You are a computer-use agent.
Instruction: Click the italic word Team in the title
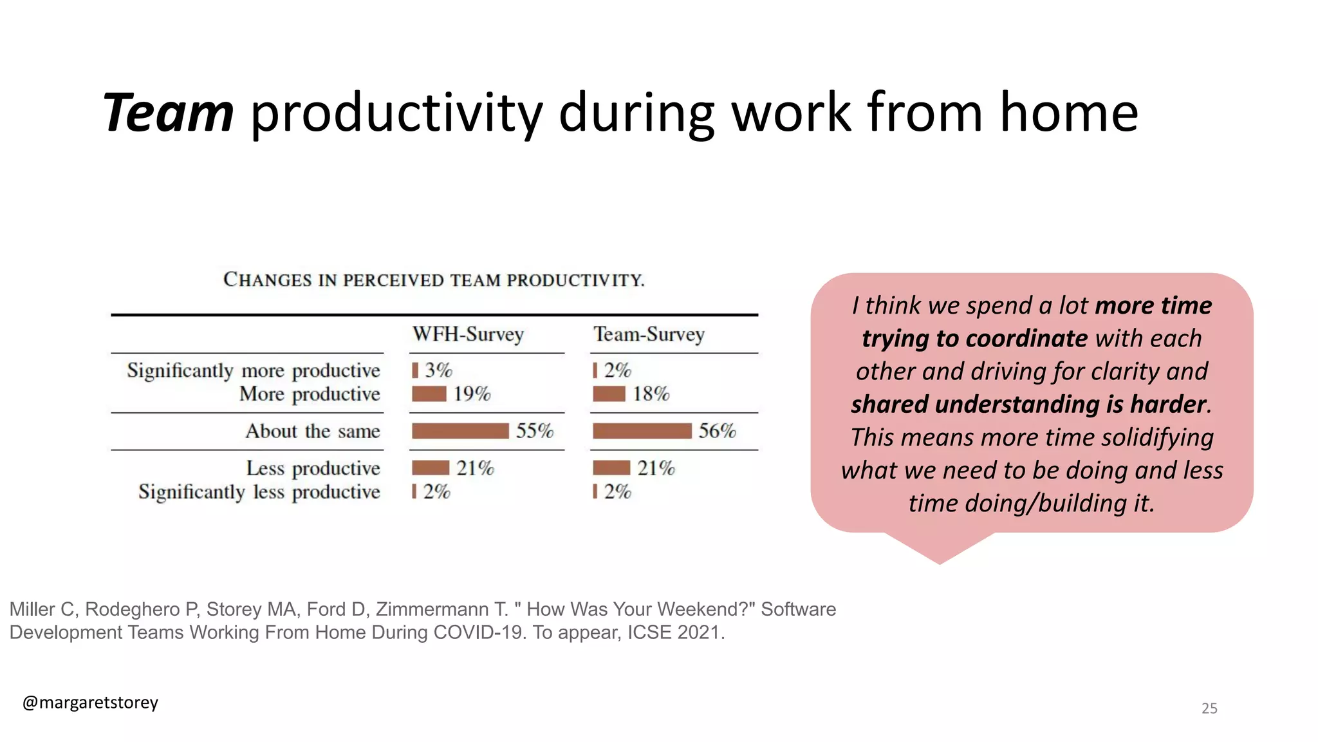(x=169, y=113)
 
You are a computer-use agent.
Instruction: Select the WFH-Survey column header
(x=468, y=334)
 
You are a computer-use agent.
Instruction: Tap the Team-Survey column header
(x=649, y=334)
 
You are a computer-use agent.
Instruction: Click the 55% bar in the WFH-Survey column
(x=460, y=431)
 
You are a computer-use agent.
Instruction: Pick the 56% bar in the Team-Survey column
(x=642, y=431)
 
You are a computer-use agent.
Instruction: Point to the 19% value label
(x=472, y=394)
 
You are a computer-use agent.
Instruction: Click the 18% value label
(x=651, y=394)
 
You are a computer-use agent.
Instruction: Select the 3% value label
(x=438, y=370)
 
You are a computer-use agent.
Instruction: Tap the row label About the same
(x=313, y=431)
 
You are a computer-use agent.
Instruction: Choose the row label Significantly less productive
(x=259, y=492)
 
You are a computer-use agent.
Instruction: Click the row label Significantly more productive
(x=254, y=370)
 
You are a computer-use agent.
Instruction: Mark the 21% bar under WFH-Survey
(x=431, y=468)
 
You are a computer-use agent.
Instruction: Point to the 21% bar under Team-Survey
(x=611, y=468)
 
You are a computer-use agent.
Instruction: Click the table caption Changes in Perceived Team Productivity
(x=434, y=280)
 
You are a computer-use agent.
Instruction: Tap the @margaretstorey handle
(x=90, y=702)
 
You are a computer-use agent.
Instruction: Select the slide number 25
(x=1209, y=709)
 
